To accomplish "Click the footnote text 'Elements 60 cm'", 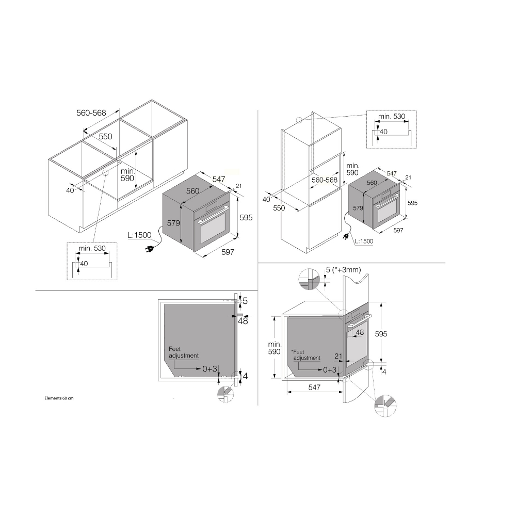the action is pyautogui.click(x=59, y=398).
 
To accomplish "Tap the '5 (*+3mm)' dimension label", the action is pyautogui.click(x=343, y=270).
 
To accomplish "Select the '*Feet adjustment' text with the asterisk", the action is pyautogui.click(x=305, y=355).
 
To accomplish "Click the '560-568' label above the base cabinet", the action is pyautogui.click(x=91, y=113).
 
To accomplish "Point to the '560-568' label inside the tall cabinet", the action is pyautogui.click(x=325, y=180).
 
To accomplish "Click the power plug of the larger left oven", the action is pyautogui.click(x=149, y=249).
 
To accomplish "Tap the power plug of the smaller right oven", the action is pyautogui.click(x=346, y=237).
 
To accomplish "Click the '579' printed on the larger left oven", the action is pyautogui.click(x=173, y=223).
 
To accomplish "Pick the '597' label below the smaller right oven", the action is pyautogui.click(x=398, y=230).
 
